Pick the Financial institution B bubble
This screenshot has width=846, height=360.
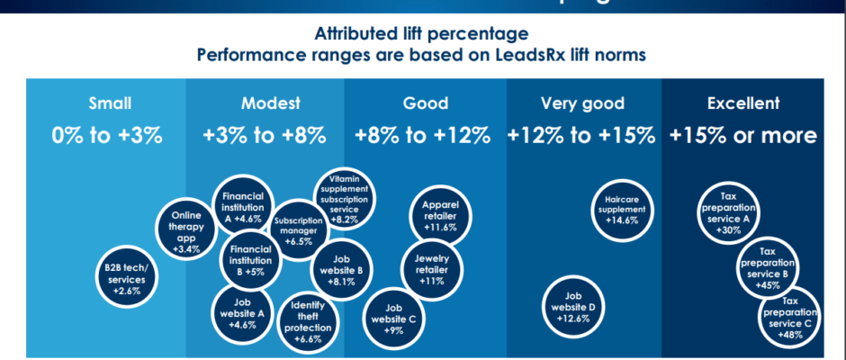tap(246, 260)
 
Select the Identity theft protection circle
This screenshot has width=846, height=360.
tap(309, 321)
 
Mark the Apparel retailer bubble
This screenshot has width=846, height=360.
tap(439, 215)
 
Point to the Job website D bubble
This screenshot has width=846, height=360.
tap(574, 306)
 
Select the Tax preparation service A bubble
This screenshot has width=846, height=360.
tap(729, 211)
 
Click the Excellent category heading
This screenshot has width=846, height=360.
tap(743, 103)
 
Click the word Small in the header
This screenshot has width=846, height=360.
tap(106, 103)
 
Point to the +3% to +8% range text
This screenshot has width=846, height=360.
tap(265, 136)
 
